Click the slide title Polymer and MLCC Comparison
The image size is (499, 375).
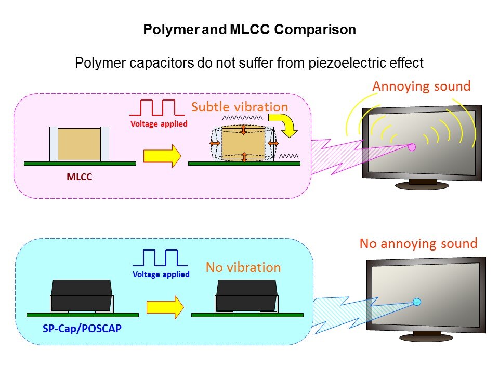249,30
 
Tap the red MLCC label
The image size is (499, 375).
79,177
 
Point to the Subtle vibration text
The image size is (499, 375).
239,107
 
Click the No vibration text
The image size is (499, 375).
243,268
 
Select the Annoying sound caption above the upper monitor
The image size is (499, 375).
421,86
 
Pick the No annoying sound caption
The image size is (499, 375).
418,243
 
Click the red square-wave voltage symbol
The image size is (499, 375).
157,107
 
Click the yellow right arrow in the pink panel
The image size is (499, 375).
162,155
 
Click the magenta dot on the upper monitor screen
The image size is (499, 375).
412,147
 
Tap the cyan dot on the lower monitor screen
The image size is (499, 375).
416,302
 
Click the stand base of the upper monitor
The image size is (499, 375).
423,185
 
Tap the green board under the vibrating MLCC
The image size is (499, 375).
244,164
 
